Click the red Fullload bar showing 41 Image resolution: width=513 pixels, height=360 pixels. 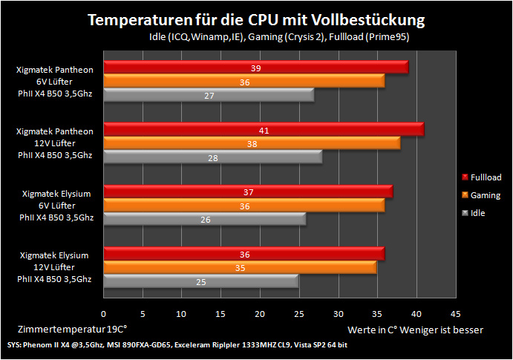tap(264, 129)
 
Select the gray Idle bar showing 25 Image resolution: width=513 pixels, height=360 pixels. tap(201, 281)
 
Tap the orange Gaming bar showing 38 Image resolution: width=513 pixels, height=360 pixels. tap(252, 143)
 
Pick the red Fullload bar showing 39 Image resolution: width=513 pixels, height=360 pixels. tap(256, 67)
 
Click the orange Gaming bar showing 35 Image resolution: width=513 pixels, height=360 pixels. tap(240, 267)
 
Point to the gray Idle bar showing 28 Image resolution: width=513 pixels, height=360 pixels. tap(213, 157)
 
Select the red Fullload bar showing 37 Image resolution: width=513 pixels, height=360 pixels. tap(248, 192)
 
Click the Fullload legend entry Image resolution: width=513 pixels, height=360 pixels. tap(481, 177)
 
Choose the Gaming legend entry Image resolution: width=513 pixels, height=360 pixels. tap(481, 195)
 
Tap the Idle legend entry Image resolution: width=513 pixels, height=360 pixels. tap(474, 213)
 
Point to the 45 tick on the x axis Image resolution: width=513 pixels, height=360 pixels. tap(455, 314)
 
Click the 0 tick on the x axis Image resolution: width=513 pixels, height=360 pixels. tap(103, 314)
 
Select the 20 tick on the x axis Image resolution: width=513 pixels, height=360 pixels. tap(260, 314)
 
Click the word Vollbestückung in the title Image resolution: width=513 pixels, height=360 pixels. tap(367, 20)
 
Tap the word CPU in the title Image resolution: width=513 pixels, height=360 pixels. tap(262, 20)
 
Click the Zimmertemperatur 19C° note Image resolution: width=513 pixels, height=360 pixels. tap(72, 329)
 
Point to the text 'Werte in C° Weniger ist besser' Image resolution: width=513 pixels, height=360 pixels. tap(415, 330)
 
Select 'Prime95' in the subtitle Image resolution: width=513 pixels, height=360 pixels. tap(388, 36)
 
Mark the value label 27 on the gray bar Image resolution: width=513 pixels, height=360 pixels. tap(209, 96)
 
